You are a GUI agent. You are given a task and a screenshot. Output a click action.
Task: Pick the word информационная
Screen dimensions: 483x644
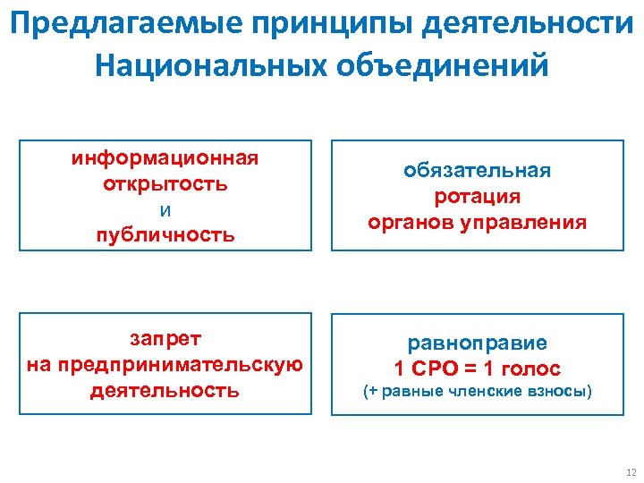tap(165, 158)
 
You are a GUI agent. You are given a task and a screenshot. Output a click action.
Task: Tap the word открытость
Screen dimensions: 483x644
tap(165, 184)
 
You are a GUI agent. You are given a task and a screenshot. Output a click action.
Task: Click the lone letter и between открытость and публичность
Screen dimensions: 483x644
tap(165, 211)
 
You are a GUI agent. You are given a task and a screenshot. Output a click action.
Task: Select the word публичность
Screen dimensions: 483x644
tap(165, 236)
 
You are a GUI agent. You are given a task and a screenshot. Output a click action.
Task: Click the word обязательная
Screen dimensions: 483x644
tap(477, 171)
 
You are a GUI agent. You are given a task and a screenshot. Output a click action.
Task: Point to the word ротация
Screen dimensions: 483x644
tap(477, 197)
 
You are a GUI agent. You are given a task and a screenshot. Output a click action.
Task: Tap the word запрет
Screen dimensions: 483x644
tap(165, 338)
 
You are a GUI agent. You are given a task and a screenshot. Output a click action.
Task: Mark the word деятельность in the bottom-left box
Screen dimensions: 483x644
tap(165, 390)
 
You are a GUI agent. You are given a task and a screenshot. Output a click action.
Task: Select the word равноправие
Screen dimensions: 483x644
tap(477, 343)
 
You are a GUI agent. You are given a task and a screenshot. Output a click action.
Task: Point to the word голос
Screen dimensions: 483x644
tap(530, 369)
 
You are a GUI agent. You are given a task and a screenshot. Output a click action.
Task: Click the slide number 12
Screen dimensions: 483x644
tap(631, 472)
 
